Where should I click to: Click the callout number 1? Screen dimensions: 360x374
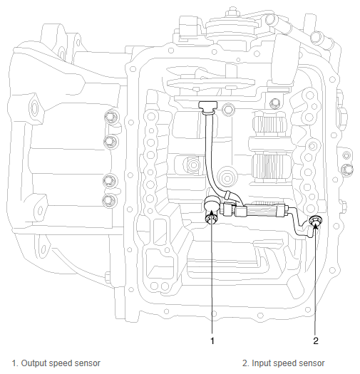[x=212, y=341]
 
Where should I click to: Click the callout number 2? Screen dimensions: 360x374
[x=316, y=341]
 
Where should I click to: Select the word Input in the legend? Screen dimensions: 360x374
[x=262, y=363]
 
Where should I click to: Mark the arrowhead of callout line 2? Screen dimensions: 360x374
[x=316, y=224]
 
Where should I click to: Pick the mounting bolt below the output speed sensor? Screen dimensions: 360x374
[x=210, y=219]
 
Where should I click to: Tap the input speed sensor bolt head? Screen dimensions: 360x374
[x=315, y=220]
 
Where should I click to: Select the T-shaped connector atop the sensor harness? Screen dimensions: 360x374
[x=208, y=106]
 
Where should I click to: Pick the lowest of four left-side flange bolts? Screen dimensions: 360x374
[x=109, y=200]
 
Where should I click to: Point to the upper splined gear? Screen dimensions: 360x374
[x=270, y=126]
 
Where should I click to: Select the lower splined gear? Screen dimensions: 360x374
[x=272, y=166]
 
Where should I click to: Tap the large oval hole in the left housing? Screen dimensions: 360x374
[x=35, y=108]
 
